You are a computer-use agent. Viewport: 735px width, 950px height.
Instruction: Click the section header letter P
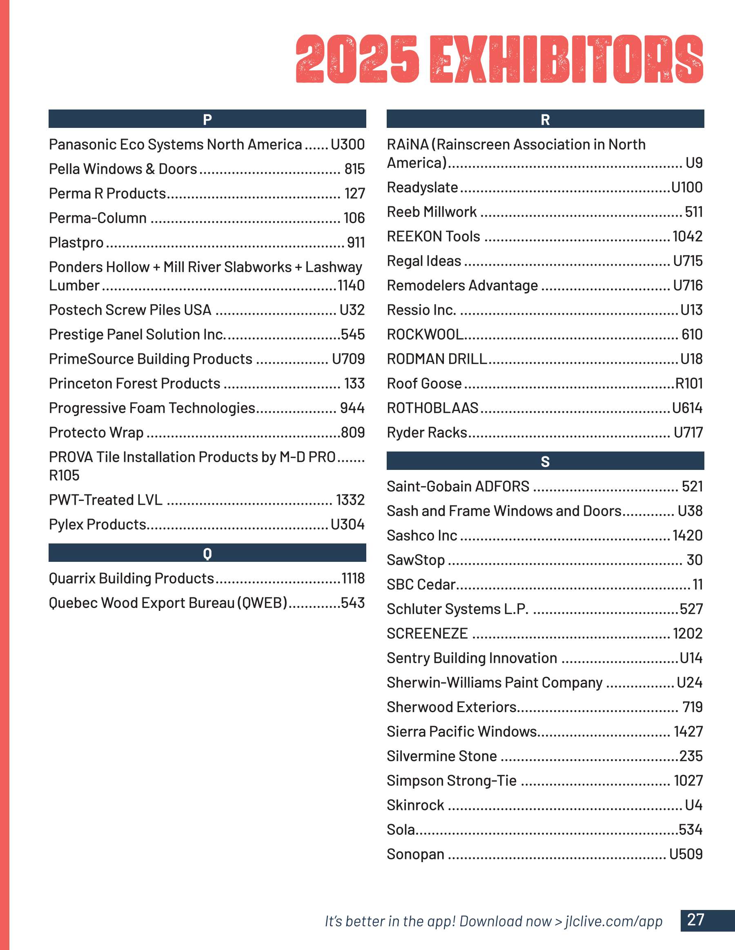click(x=207, y=119)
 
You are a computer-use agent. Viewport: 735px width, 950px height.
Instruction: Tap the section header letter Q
click(x=207, y=553)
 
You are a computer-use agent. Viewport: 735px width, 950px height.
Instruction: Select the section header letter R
click(x=545, y=119)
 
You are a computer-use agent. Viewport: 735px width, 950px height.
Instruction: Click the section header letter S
click(x=545, y=461)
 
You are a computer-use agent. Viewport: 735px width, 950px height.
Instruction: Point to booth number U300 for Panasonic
click(x=347, y=144)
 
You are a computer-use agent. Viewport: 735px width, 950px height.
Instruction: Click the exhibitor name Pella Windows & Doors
click(x=123, y=169)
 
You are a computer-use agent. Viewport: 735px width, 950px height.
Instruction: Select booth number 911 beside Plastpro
click(x=356, y=242)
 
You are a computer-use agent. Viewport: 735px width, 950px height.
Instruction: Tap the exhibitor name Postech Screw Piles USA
click(x=130, y=310)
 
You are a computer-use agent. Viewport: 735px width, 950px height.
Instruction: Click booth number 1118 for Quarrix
click(x=352, y=578)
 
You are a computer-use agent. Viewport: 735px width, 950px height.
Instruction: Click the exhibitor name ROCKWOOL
click(x=425, y=335)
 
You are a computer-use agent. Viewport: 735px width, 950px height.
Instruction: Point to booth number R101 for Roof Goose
click(x=689, y=383)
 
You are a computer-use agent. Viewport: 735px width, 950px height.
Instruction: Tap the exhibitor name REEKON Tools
click(x=433, y=236)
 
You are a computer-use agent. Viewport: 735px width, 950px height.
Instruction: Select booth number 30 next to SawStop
click(x=694, y=560)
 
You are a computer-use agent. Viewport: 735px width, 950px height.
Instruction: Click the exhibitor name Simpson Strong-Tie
click(x=452, y=781)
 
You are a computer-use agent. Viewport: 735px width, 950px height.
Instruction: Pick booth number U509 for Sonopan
click(x=686, y=854)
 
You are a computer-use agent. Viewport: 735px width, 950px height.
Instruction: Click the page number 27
click(x=695, y=919)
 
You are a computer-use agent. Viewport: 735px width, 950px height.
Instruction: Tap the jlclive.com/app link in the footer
click(x=614, y=921)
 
